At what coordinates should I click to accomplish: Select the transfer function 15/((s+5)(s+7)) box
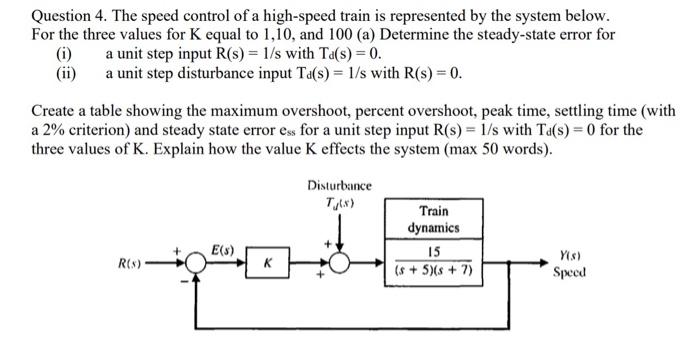coord(432,262)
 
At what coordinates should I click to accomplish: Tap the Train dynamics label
coord(432,220)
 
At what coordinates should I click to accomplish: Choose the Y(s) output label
coord(568,255)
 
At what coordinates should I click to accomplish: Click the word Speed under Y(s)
coord(568,272)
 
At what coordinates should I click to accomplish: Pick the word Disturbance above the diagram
coord(340,186)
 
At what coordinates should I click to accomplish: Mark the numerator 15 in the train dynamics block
coord(433,252)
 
